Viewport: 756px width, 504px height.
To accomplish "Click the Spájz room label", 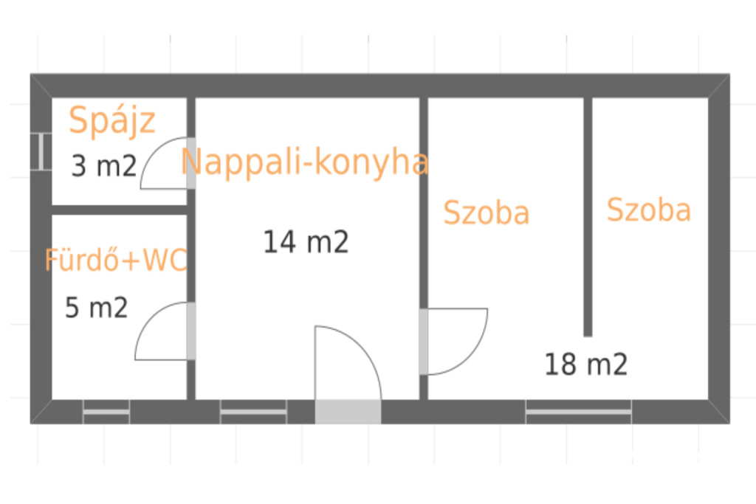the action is [x=112, y=120].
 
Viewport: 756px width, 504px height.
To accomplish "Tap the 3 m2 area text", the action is [x=104, y=166].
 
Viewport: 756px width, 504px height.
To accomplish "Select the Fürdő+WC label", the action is [x=116, y=260].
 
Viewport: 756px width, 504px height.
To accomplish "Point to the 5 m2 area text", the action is [x=97, y=308].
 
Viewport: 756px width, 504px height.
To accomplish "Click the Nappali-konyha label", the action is [x=304, y=162].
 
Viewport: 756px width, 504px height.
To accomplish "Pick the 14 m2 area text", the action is [x=306, y=242].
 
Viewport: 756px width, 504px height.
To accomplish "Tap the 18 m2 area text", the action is [x=585, y=365].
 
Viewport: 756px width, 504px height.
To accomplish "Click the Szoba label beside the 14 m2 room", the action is [x=486, y=213].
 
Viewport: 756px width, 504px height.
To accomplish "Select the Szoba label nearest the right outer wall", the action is [x=649, y=210].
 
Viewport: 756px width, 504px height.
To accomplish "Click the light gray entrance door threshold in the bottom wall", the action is [x=348, y=412].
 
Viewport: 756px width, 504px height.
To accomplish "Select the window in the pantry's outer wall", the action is [x=41, y=151].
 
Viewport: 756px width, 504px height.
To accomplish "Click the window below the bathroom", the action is [x=106, y=412].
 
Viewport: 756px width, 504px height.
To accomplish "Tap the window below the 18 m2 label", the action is [x=579, y=412].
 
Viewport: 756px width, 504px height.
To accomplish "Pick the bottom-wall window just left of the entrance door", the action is [x=254, y=412].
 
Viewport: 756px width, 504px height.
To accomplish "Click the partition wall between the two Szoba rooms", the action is [x=588, y=217].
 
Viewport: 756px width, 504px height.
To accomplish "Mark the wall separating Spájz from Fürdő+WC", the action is [x=119, y=210].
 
